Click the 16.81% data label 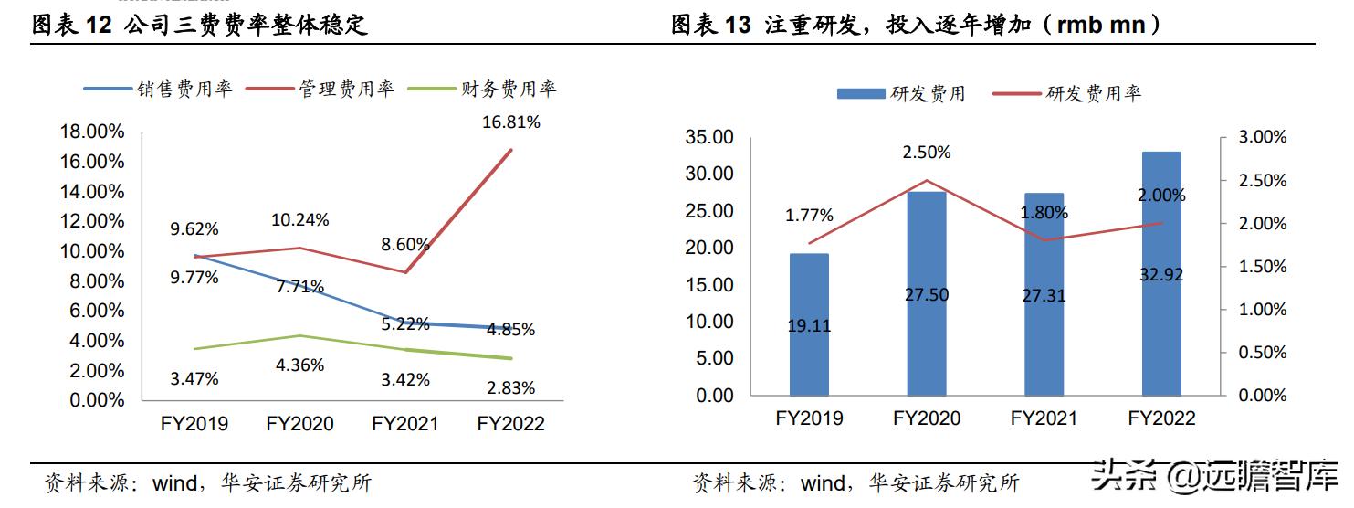511,122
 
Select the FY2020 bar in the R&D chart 927,292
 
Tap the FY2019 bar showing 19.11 809,324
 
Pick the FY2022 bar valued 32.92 1161,274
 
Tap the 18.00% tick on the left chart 91,132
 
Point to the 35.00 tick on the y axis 708,137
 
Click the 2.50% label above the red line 927,153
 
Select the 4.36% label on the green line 299,365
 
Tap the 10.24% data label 299,219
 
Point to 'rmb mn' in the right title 1103,26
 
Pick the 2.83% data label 511,387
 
